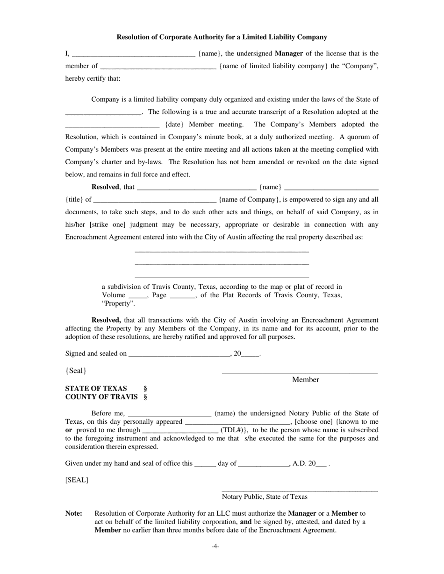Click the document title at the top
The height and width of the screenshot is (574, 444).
[x=222, y=37]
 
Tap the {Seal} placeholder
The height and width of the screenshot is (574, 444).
[x=76, y=371]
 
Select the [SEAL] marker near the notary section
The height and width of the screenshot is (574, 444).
[x=77, y=480]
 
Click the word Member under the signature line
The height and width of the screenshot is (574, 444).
[x=305, y=380]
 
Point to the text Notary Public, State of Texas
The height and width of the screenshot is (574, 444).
[x=265, y=497]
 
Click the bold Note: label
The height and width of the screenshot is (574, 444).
[x=74, y=513]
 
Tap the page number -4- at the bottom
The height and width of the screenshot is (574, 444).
[x=215, y=546]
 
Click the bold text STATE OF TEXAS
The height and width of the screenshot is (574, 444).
[x=96, y=389]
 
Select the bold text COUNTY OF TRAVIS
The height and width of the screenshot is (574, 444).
[x=101, y=397]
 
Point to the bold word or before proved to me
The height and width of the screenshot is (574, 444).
[x=68, y=430]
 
